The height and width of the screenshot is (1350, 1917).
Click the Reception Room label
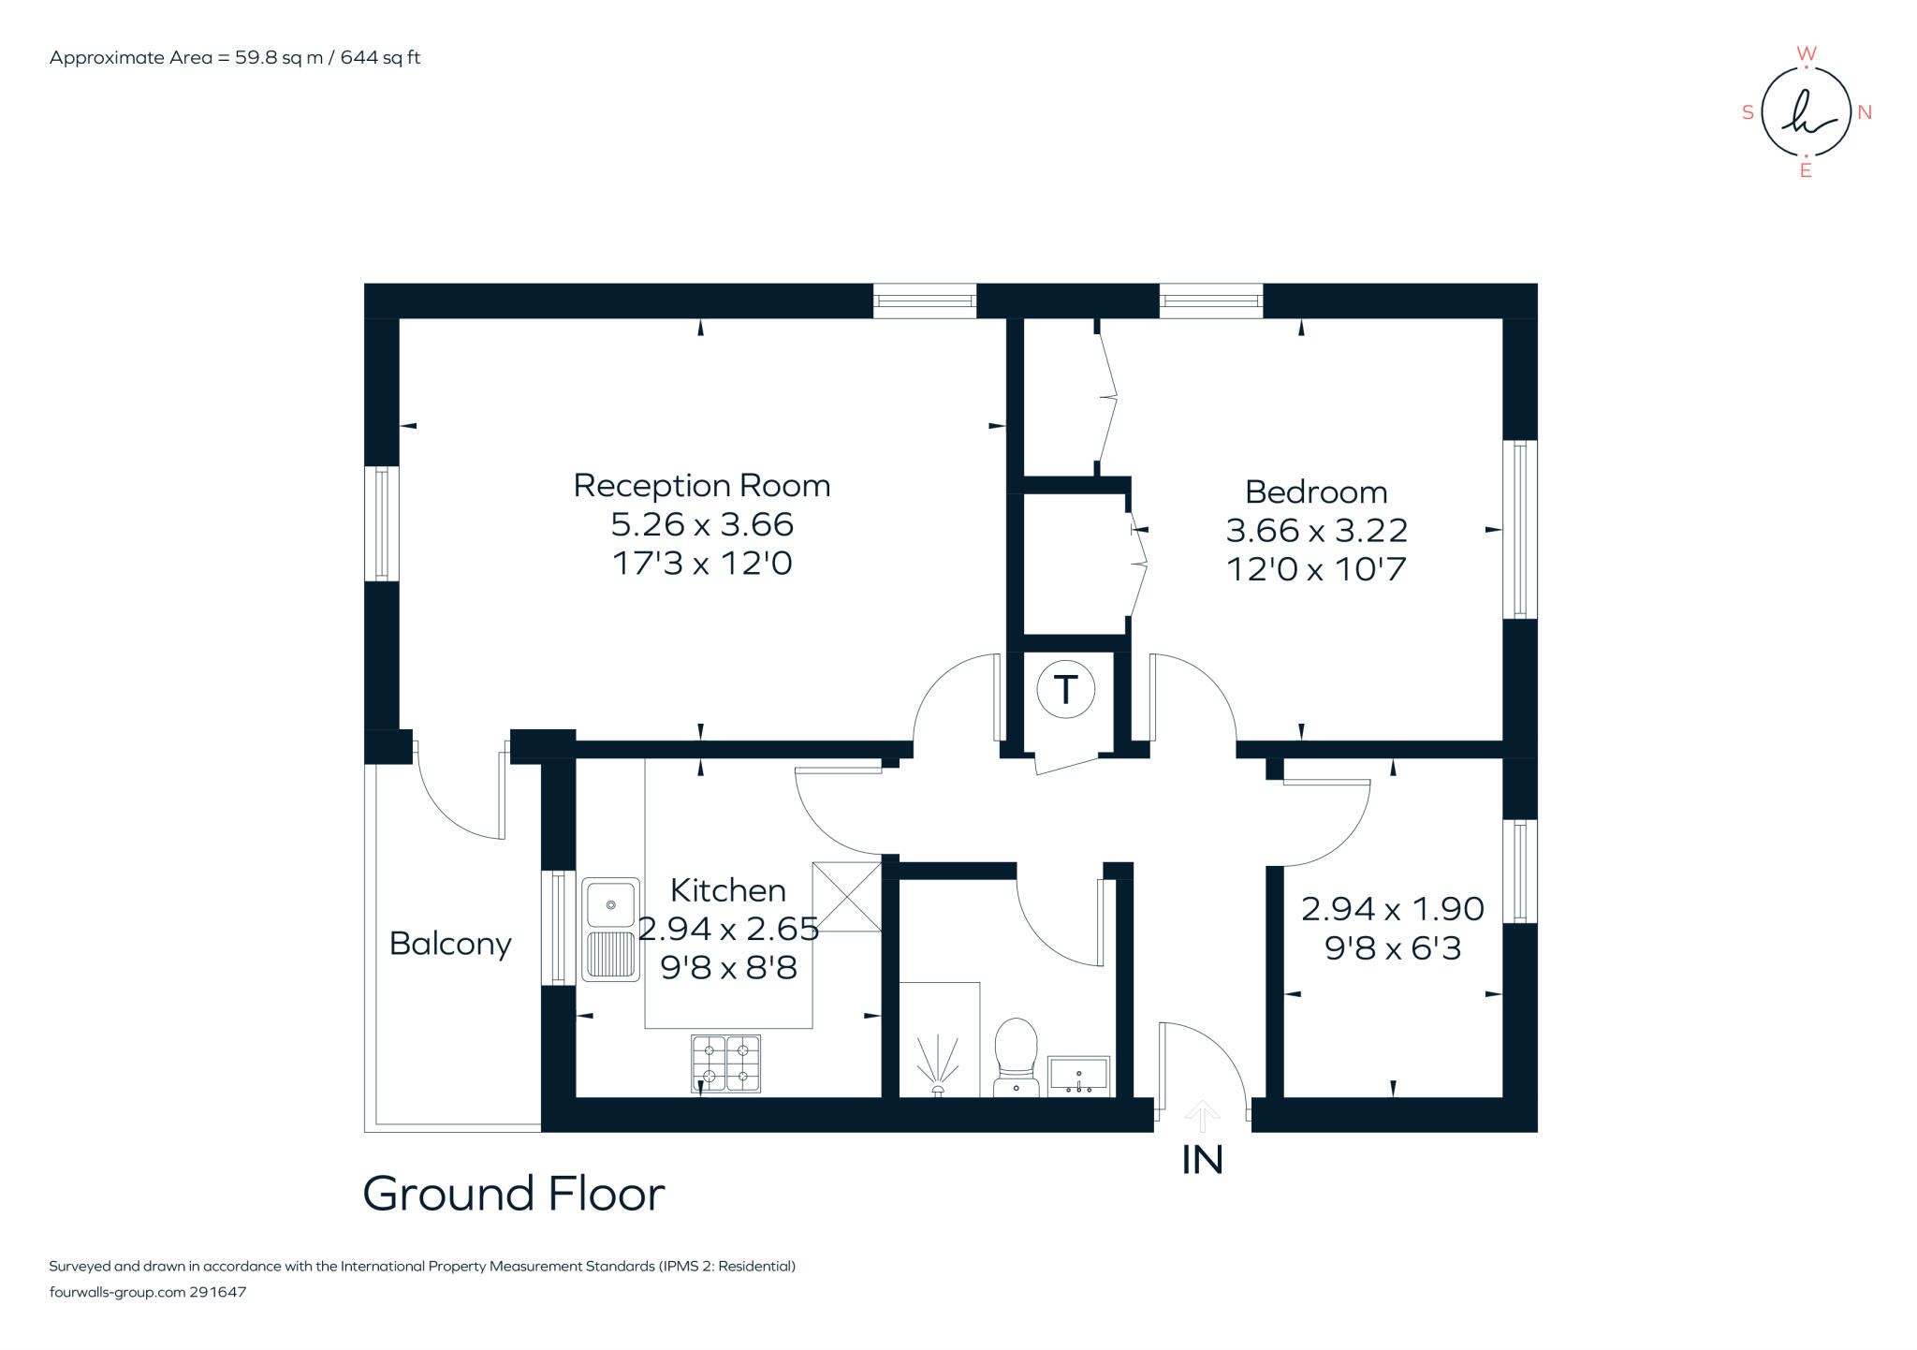click(701, 486)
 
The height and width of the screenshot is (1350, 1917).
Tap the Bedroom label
click(1315, 492)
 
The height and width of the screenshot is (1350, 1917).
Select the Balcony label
click(450, 943)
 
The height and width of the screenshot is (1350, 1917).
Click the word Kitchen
click(727, 890)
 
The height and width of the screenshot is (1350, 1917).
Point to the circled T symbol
click(1065, 690)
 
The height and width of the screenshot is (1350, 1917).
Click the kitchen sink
click(610, 929)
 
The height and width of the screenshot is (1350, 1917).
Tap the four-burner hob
click(725, 1063)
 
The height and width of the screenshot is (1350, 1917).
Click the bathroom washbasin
click(1078, 1076)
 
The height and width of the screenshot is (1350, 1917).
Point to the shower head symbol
click(937, 1067)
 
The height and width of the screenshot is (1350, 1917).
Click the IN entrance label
click(1202, 1161)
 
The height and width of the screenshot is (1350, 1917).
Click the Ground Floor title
click(513, 1195)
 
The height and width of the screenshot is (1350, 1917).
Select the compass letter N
click(1864, 112)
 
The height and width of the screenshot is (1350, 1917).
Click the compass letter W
click(1806, 54)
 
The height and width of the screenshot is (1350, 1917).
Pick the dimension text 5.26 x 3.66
click(701, 524)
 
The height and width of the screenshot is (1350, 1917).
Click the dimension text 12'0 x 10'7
click(1315, 569)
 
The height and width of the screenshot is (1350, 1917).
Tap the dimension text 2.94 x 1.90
click(1392, 909)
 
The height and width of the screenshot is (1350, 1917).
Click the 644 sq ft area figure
click(380, 58)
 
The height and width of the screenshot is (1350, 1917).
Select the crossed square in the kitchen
click(846, 897)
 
